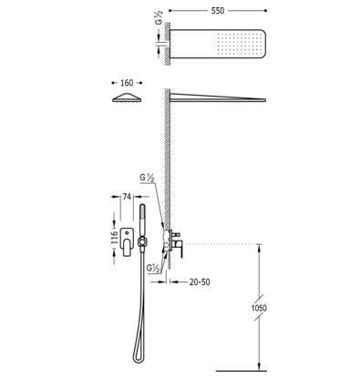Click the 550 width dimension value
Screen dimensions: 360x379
[218, 11]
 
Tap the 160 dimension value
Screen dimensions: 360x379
[127, 83]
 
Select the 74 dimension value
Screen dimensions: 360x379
[127, 197]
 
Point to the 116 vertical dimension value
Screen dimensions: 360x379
[114, 238]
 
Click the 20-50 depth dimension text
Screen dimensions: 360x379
[200, 282]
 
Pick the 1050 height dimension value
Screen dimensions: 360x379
[259, 308]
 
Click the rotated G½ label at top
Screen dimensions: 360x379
[159, 17]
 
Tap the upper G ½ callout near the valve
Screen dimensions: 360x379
[148, 178]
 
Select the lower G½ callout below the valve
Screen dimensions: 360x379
[153, 269]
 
